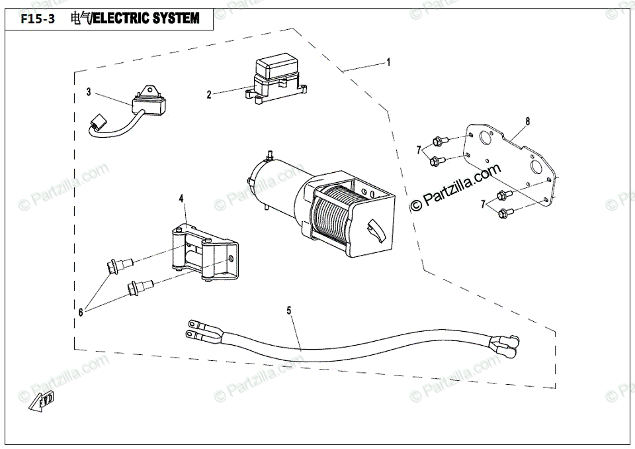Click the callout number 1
pyautogui.click(x=388, y=62)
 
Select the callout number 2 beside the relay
pyautogui.click(x=209, y=95)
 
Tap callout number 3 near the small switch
pyautogui.click(x=89, y=92)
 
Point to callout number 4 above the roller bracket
pyautogui.click(x=181, y=198)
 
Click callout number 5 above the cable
pyautogui.click(x=289, y=309)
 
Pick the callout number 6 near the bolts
pyautogui.click(x=81, y=311)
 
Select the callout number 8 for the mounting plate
pyautogui.click(x=527, y=121)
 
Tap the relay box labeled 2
pyautogui.click(x=273, y=77)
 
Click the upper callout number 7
pyautogui.click(x=418, y=150)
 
